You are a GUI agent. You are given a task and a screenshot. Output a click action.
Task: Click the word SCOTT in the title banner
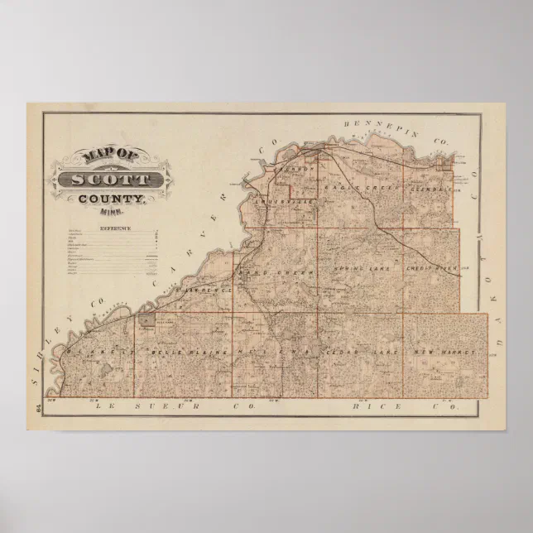[x=112, y=180]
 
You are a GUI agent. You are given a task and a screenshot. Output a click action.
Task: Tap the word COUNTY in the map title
[x=112, y=199]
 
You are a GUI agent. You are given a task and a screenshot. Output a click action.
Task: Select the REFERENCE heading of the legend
[x=115, y=228]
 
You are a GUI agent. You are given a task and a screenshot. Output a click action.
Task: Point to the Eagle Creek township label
[x=352, y=188]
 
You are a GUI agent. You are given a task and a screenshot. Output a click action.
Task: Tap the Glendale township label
[x=430, y=188]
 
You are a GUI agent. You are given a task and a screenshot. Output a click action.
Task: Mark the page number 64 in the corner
[x=39, y=406]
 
